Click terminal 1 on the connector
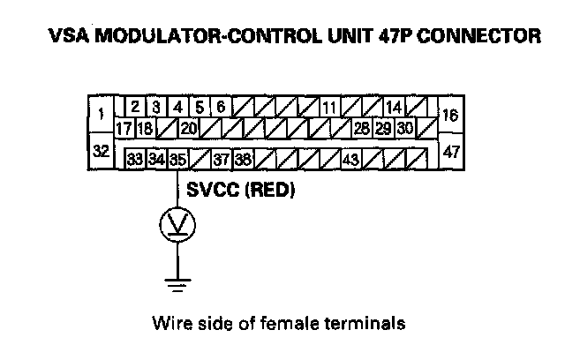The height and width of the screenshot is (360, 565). pyautogui.click(x=102, y=113)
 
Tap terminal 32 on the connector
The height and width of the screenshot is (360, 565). pyautogui.click(x=102, y=151)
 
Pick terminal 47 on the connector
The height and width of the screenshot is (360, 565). pyautogui.click(x=451, y=152)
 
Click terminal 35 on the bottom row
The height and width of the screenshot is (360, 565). pyautogui.click(x=178, y=160)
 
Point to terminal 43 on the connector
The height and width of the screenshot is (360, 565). pyautogui.click(x=350, y=160)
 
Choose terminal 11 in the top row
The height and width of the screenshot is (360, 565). pyautogui.click(x=328, y=108)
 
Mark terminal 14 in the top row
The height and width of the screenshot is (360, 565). pyautogui.click(x=394, y=108)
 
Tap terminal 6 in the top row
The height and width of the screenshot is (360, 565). pyautogui.click(x=221, y=108)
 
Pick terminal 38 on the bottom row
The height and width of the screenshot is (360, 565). pyautogui.click(x=243, y=160)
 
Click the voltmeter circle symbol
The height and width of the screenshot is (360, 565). pyautogui.click(x=178, y=225)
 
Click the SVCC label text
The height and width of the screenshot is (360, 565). pyautogui.click(x=210, y=190)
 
